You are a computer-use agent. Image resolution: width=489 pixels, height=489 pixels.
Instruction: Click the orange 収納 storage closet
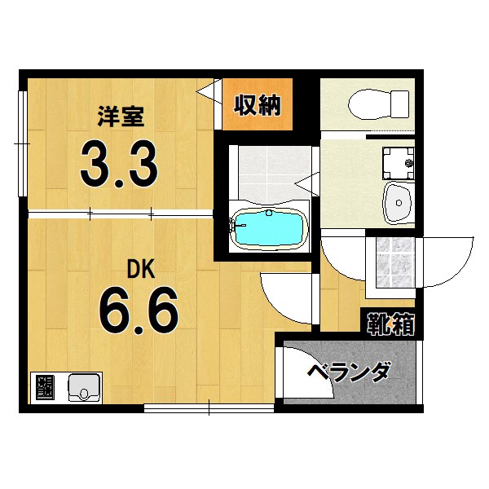[258, 105]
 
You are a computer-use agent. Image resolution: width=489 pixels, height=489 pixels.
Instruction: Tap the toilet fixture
[378, 104]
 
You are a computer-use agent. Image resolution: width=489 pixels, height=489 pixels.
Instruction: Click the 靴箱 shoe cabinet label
[389, 324]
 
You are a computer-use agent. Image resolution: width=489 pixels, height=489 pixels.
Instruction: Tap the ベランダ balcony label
[348, 373]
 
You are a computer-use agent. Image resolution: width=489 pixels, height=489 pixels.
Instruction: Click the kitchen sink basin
[84, 386]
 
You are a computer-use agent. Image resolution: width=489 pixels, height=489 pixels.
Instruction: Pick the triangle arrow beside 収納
[207, 88]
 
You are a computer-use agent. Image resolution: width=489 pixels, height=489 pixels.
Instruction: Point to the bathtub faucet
[237, 220]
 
